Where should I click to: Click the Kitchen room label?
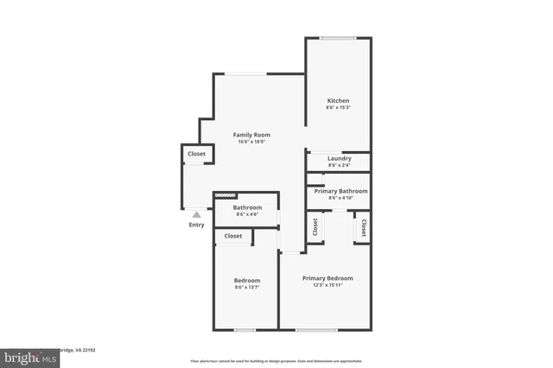pos(338,101)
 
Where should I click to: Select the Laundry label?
pos(340,158)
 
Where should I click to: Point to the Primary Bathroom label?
pos(340,191)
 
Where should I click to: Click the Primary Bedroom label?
pos(327,278)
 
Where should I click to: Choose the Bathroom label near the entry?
pos(247,207)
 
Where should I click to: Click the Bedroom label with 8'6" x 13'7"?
pos(247,281)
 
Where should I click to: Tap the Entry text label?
pos(197,225)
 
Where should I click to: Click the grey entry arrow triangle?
pos(197,214)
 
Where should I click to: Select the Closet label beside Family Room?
pos(196,154)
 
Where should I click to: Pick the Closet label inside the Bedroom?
pos(233,236)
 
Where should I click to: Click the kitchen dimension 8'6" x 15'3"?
pos(338,108)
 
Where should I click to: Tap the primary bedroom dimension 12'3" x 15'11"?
pos(327,285)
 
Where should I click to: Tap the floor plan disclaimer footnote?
pos(276,360)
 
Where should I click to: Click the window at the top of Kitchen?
pos(338,37)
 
